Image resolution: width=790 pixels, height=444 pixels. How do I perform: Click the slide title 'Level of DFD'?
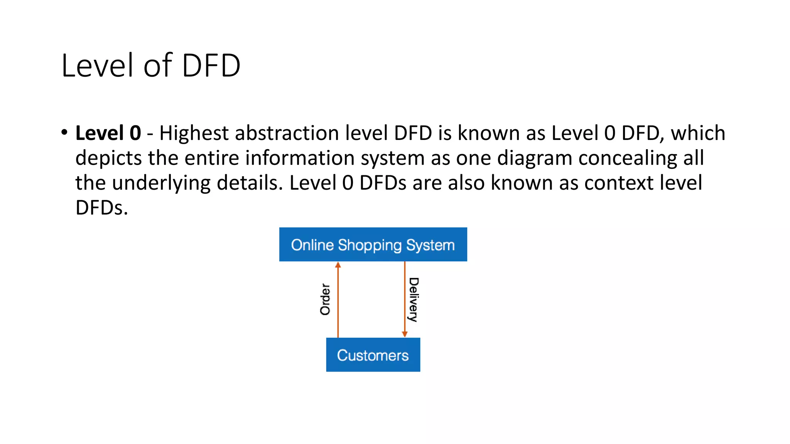pos(151,66)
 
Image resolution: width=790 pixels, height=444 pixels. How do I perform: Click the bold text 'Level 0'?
pos(108,133)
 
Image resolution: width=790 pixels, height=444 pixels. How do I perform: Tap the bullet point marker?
pos(64,132)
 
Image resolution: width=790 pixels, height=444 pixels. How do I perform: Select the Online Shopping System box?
pos(373,244)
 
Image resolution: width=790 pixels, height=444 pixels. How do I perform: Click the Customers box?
pos(373,355)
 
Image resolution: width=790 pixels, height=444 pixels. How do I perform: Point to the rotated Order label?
pos(325,299)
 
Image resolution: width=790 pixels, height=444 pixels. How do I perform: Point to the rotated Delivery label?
pos(414,299)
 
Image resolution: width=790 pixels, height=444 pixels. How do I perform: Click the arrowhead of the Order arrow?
pos(338,265)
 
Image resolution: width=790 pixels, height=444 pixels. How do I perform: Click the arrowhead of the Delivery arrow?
pos(405,334)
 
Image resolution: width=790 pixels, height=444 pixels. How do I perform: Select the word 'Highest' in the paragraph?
pos(194,133)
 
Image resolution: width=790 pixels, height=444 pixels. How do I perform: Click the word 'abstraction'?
pos(287,133)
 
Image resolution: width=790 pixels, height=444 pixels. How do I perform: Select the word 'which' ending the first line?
pos(698,133)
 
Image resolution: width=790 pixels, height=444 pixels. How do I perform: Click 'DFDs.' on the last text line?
pos(101,208)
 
